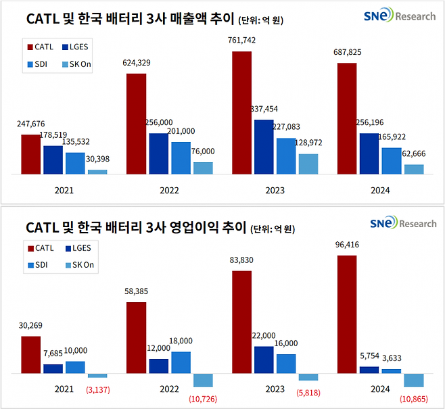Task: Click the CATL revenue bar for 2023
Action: point(241,113)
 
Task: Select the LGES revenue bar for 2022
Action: point(159,154)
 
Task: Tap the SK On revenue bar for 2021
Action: point(97,172)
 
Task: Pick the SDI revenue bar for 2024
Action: point(392,161)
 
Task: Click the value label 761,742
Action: point(242,41)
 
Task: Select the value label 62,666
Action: point(414,153)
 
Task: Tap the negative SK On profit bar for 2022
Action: point(203,379)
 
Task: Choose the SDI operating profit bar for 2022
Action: point(181,362)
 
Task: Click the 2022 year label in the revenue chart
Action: point(169,191)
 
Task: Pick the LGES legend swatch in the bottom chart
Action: point(67,249)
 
